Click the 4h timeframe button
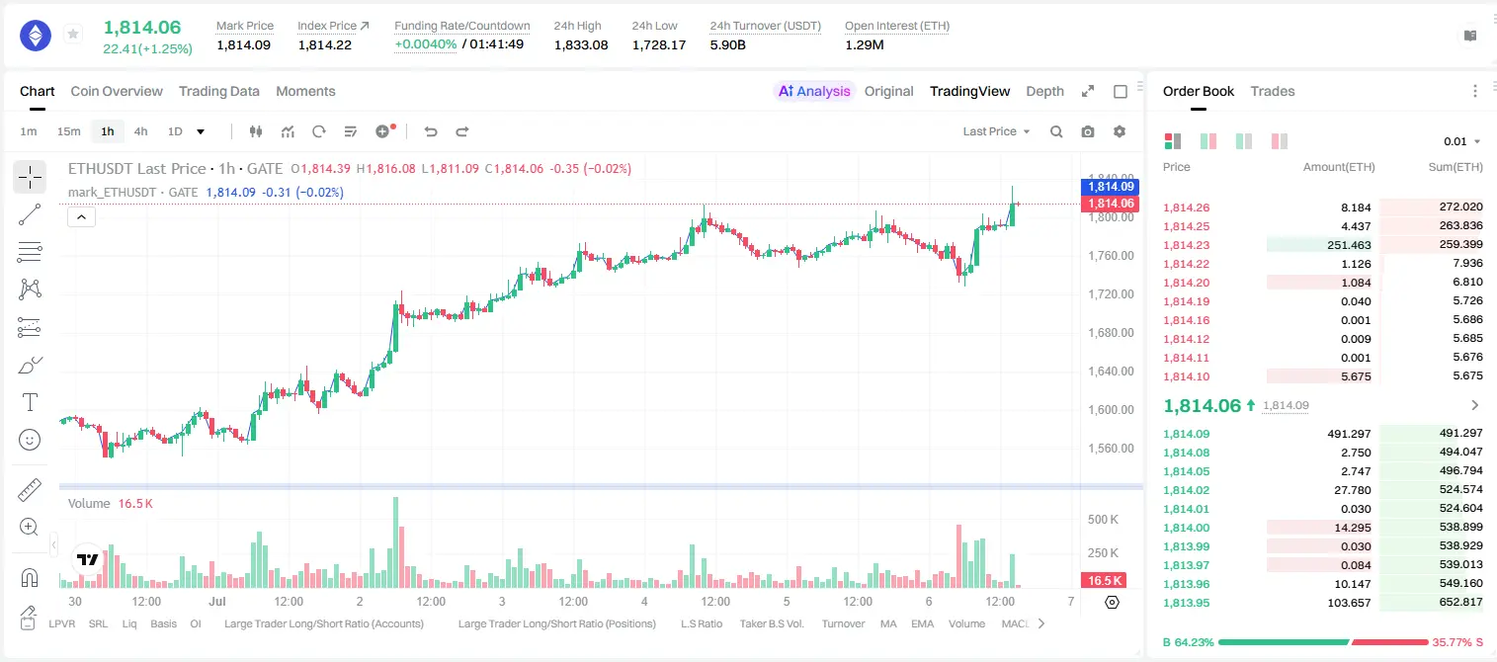[x=140, y=131]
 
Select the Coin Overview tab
[x=117, y=92]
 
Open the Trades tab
[x=1273, y=92]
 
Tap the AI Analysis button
[x=814, y=92]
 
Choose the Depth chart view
[x=1044, y=92]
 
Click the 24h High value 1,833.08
[x=581, y=45]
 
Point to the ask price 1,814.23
[x=1187, y=245]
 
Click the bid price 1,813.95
[x=1187, y=603]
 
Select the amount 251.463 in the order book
[x=1349, y=245]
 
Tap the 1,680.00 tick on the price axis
[x=1111, y=333]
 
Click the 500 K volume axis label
[x=1103, y=520]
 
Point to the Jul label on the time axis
[x=216, y=601]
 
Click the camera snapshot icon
[x=1088, y=131]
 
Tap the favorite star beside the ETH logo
[x=73, y=34]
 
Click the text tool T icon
[x=30, y=402]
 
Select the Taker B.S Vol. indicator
[x=771, y=623]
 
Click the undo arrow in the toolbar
[x=431, y=131]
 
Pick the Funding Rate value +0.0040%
[x=425, y=44]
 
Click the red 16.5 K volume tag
[x=1104, y=581]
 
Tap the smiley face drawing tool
[x=30, y=440]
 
